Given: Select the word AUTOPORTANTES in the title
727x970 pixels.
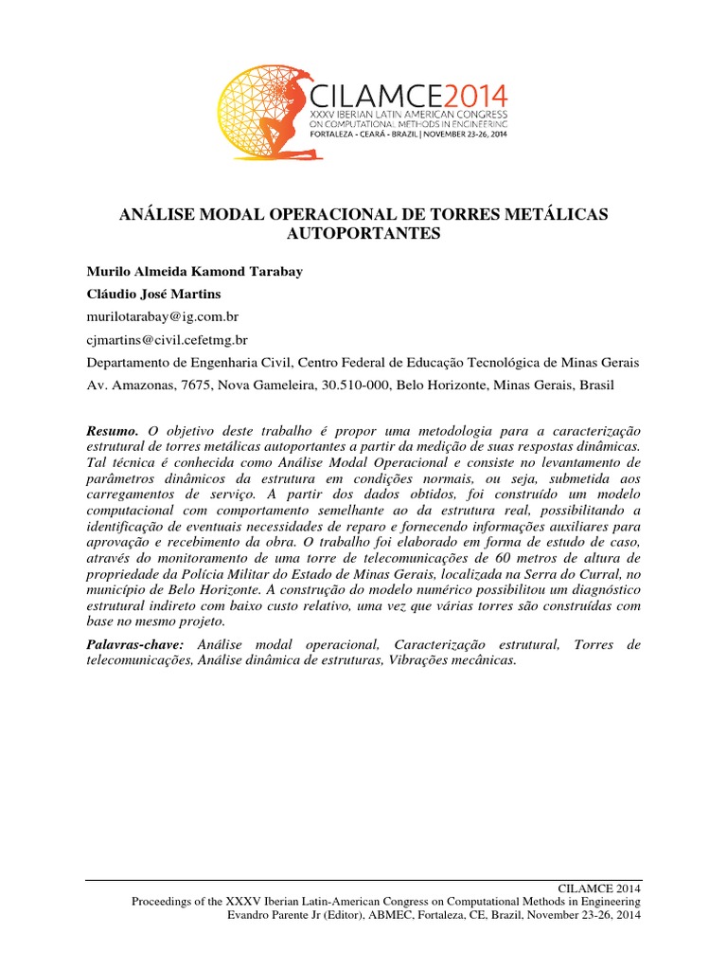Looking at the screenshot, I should click(x=363, y=234).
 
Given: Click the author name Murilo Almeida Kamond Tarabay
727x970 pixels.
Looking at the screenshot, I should click(x=192, y=270).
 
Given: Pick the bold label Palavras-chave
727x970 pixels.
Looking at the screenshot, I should click(x=139, y=644).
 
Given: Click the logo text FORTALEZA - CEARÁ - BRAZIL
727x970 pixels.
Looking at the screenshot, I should click(x=354, y=135).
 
